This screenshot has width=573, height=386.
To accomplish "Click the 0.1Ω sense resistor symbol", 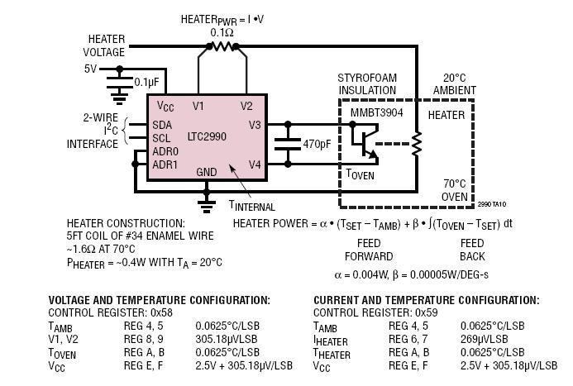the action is [222, 46].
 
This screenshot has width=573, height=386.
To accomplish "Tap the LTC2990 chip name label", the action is [207, 136].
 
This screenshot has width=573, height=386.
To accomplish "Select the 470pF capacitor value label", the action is [317, 145].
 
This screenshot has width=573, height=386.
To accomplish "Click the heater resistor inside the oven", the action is [417, 144].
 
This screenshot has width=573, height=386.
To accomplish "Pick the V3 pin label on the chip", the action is [255, 126].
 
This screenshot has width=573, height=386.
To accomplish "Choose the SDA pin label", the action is [162, 126].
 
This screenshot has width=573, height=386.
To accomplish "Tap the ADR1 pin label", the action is [165, 164].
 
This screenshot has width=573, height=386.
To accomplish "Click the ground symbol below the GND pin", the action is [207, 206].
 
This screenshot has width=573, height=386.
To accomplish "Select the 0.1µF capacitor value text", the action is [146, 82].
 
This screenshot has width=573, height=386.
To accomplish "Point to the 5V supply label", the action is [91, 69].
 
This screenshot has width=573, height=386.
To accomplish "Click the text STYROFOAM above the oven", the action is [367, 78].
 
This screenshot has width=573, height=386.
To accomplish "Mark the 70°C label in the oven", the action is [455, 183].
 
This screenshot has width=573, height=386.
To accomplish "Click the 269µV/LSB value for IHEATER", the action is [484, 339].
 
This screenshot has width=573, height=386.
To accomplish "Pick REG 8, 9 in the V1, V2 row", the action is [144, 339].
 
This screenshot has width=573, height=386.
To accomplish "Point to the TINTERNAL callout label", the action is [252, 206].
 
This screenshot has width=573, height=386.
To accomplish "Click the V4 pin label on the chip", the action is [255, 165].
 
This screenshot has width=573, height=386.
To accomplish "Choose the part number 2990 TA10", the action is [492, 204].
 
